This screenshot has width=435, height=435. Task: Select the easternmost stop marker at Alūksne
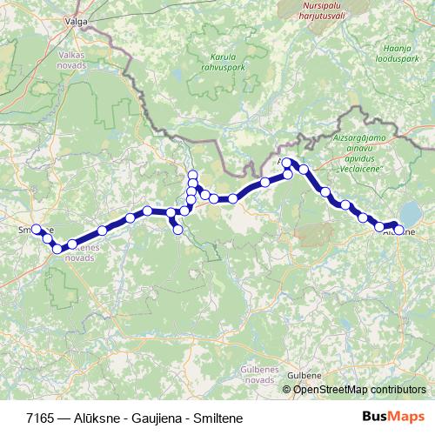(x=399, y=231)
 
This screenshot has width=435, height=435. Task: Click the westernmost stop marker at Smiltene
(x=36, y=230)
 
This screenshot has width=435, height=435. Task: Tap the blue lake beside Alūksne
(x=411, y=212)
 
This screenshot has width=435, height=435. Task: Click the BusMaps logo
(x=392, y=417)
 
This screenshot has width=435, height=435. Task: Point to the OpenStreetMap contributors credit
(x=358, y=389)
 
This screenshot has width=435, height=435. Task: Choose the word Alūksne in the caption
(x=96, y=418)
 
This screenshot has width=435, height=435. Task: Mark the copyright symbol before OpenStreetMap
(x=286, y=389)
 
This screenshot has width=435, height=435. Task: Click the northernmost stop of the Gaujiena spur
(x=192, y=175)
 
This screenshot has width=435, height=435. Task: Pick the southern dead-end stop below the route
(x=177, y=230)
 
